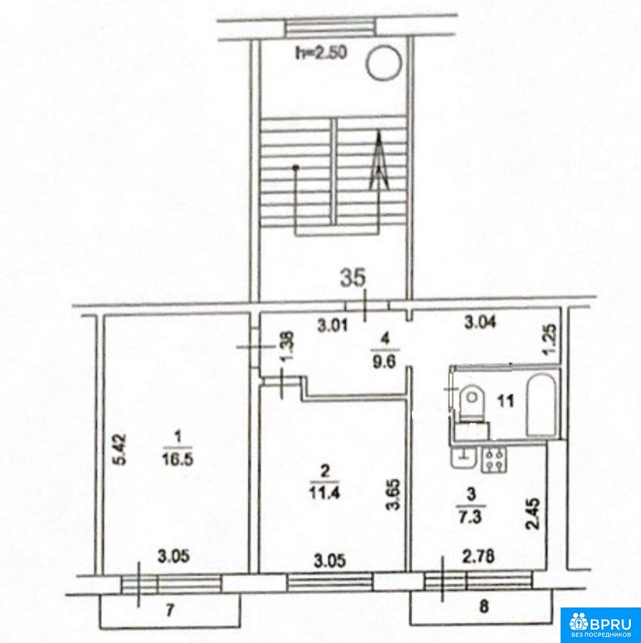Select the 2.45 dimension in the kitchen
point(535,514)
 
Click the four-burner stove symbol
point(495,460)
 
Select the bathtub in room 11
point(541,405)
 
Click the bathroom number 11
point(506,401)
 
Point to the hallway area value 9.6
point(384,362)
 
